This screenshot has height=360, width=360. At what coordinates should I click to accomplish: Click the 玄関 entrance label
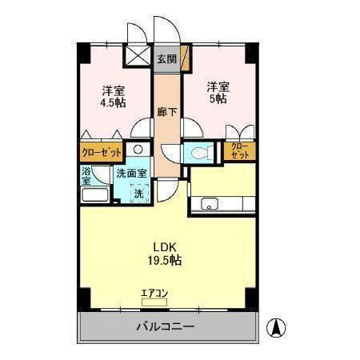pos(166,58)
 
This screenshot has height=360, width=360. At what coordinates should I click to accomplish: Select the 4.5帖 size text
pos(112,103)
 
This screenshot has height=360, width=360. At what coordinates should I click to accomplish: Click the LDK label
pos(165,246)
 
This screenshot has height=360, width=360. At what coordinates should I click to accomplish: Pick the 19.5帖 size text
pos(165,260)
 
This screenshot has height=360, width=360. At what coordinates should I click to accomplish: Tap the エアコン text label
pos(154,293)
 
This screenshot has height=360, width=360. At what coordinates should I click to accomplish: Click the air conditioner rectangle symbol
pos(154,303)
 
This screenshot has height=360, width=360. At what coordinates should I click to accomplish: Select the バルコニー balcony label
pos(165,326)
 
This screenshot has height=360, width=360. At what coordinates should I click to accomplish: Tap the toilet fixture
pos(198,151)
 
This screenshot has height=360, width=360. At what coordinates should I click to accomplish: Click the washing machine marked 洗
pos(138,192)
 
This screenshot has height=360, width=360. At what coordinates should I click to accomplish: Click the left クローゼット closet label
pos(101,151)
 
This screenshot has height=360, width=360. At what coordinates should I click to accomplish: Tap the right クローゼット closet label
pos(239,150)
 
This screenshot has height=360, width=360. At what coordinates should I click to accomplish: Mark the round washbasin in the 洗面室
pos(138,150)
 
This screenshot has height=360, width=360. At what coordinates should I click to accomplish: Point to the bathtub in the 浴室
pos(95,197)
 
